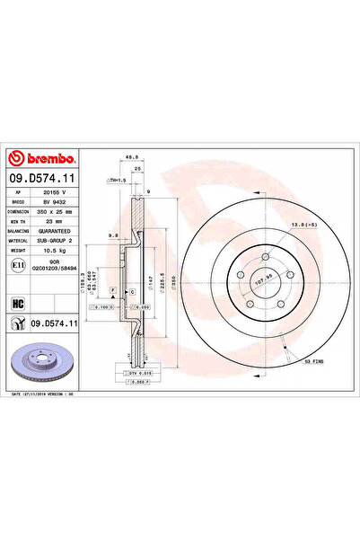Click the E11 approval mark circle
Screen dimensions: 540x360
[18, 267]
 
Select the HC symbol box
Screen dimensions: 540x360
[18, 302]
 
